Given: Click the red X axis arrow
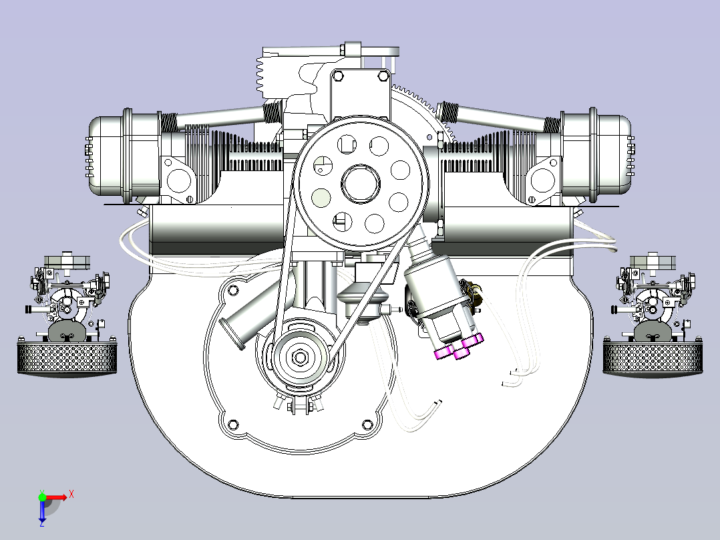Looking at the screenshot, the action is [x=56, y=497].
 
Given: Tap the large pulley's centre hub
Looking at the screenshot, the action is [x=361, y=183].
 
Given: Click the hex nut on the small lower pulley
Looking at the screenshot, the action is [x=300, y=357].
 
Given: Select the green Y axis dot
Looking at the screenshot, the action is [x=42, y=497].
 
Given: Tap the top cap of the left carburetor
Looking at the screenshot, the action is [x=67, y=261].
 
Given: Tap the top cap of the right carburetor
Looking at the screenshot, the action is [x=653, y=261].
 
